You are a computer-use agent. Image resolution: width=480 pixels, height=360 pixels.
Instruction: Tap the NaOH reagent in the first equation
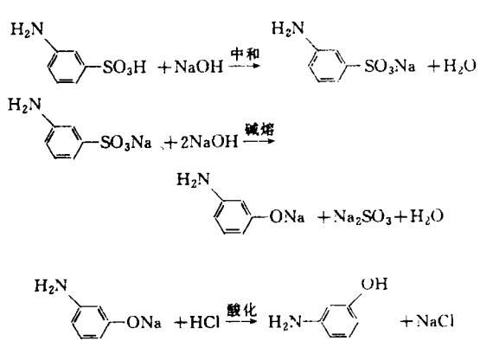(x=199, y=67)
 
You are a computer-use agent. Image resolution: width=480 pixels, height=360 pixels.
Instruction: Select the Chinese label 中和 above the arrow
(x=245, y=54)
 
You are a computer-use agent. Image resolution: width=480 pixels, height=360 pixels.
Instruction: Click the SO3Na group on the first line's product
(x=390, y=66)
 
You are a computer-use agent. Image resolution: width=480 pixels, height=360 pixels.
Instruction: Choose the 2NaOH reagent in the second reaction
(x=209, y=142)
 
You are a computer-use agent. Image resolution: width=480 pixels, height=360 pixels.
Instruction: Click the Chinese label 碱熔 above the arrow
(x=259, y=129)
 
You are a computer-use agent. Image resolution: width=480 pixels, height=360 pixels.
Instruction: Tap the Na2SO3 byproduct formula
(x=362, y=217)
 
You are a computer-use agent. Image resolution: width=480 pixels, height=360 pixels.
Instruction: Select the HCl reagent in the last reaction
(x=204, y=322)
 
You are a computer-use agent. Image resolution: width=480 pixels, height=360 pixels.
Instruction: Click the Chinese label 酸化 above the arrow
(x=241, y=310)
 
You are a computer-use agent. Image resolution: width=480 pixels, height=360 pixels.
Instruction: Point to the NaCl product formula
(x=435, y=321)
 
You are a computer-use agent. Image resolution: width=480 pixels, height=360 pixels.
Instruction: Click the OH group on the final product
(x=374, y=284)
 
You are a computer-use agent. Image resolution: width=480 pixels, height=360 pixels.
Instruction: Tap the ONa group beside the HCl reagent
(x=144, y=322)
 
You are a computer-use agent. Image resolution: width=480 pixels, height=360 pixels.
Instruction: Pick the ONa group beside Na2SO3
(x=287, y=217)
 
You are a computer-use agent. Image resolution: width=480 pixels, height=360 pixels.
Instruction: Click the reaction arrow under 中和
(x=244, y=66)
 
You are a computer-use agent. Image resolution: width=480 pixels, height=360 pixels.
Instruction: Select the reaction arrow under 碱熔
(x=259, y=141)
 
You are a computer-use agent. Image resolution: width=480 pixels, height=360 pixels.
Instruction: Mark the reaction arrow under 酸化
(x=241, y=321)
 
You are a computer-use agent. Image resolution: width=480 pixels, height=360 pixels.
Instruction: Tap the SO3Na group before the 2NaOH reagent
(x=125, y=143)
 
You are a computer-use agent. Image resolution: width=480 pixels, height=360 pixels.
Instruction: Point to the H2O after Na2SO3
(x=426, y=216)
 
